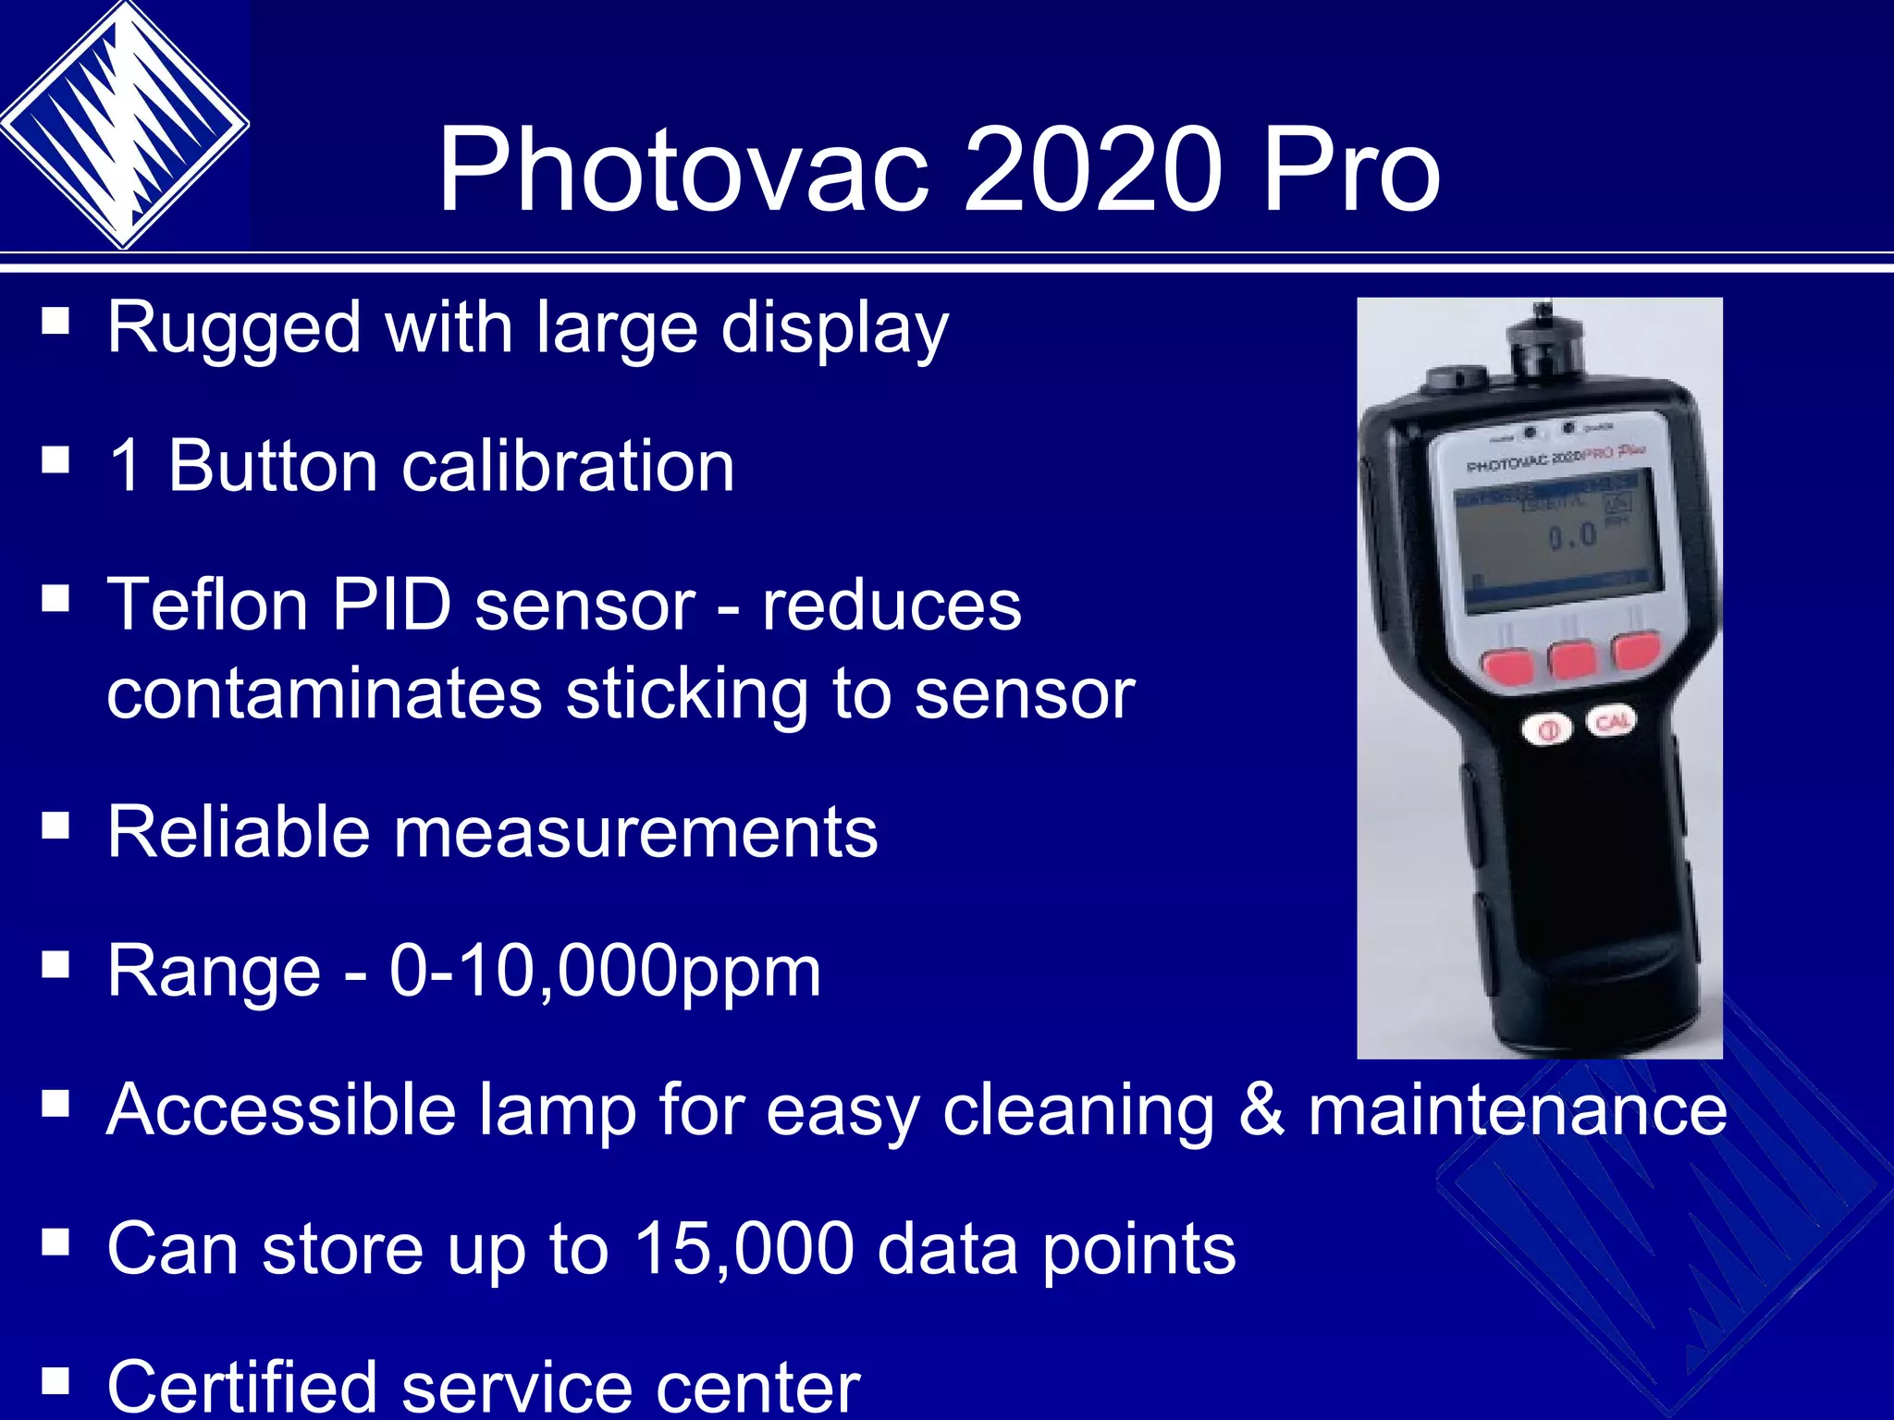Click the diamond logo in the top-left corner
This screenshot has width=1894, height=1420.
[x=123, y=125]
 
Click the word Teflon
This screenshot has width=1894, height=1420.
[x=207, y=606]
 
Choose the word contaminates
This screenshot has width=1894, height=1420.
[x=324, y=694]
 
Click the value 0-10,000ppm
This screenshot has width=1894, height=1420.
[x=605, y=971]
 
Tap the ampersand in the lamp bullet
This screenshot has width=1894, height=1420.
[x=1261, y=1109]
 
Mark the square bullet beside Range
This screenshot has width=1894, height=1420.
[x=55, y=965]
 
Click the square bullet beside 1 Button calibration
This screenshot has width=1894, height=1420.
[x=55, y=459]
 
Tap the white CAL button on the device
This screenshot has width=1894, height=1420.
[x=1612, y=721]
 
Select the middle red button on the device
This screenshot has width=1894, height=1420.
[x=1573, y=659]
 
